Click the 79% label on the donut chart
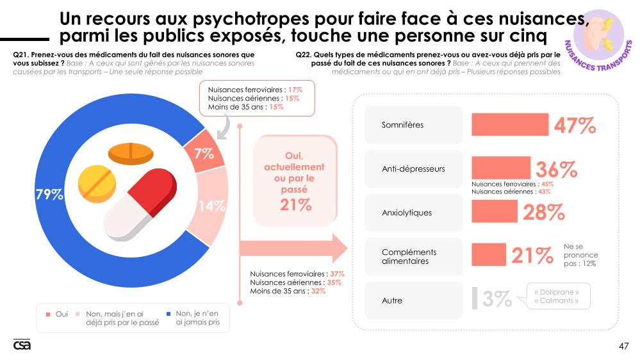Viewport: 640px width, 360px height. [49, 195]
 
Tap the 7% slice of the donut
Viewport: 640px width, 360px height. [204, 154]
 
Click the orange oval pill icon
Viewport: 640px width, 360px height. [132, 153]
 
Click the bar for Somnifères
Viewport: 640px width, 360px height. [510, 125]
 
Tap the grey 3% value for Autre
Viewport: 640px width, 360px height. [496, 299]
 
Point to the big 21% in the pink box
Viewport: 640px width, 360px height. [295, 205]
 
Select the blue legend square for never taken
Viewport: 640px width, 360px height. [168, 313]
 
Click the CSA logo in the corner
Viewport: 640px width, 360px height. [22, 345]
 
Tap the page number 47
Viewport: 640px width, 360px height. [623, 346]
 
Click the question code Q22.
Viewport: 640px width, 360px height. [304, 55]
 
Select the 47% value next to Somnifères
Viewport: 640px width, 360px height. [575, 126]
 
